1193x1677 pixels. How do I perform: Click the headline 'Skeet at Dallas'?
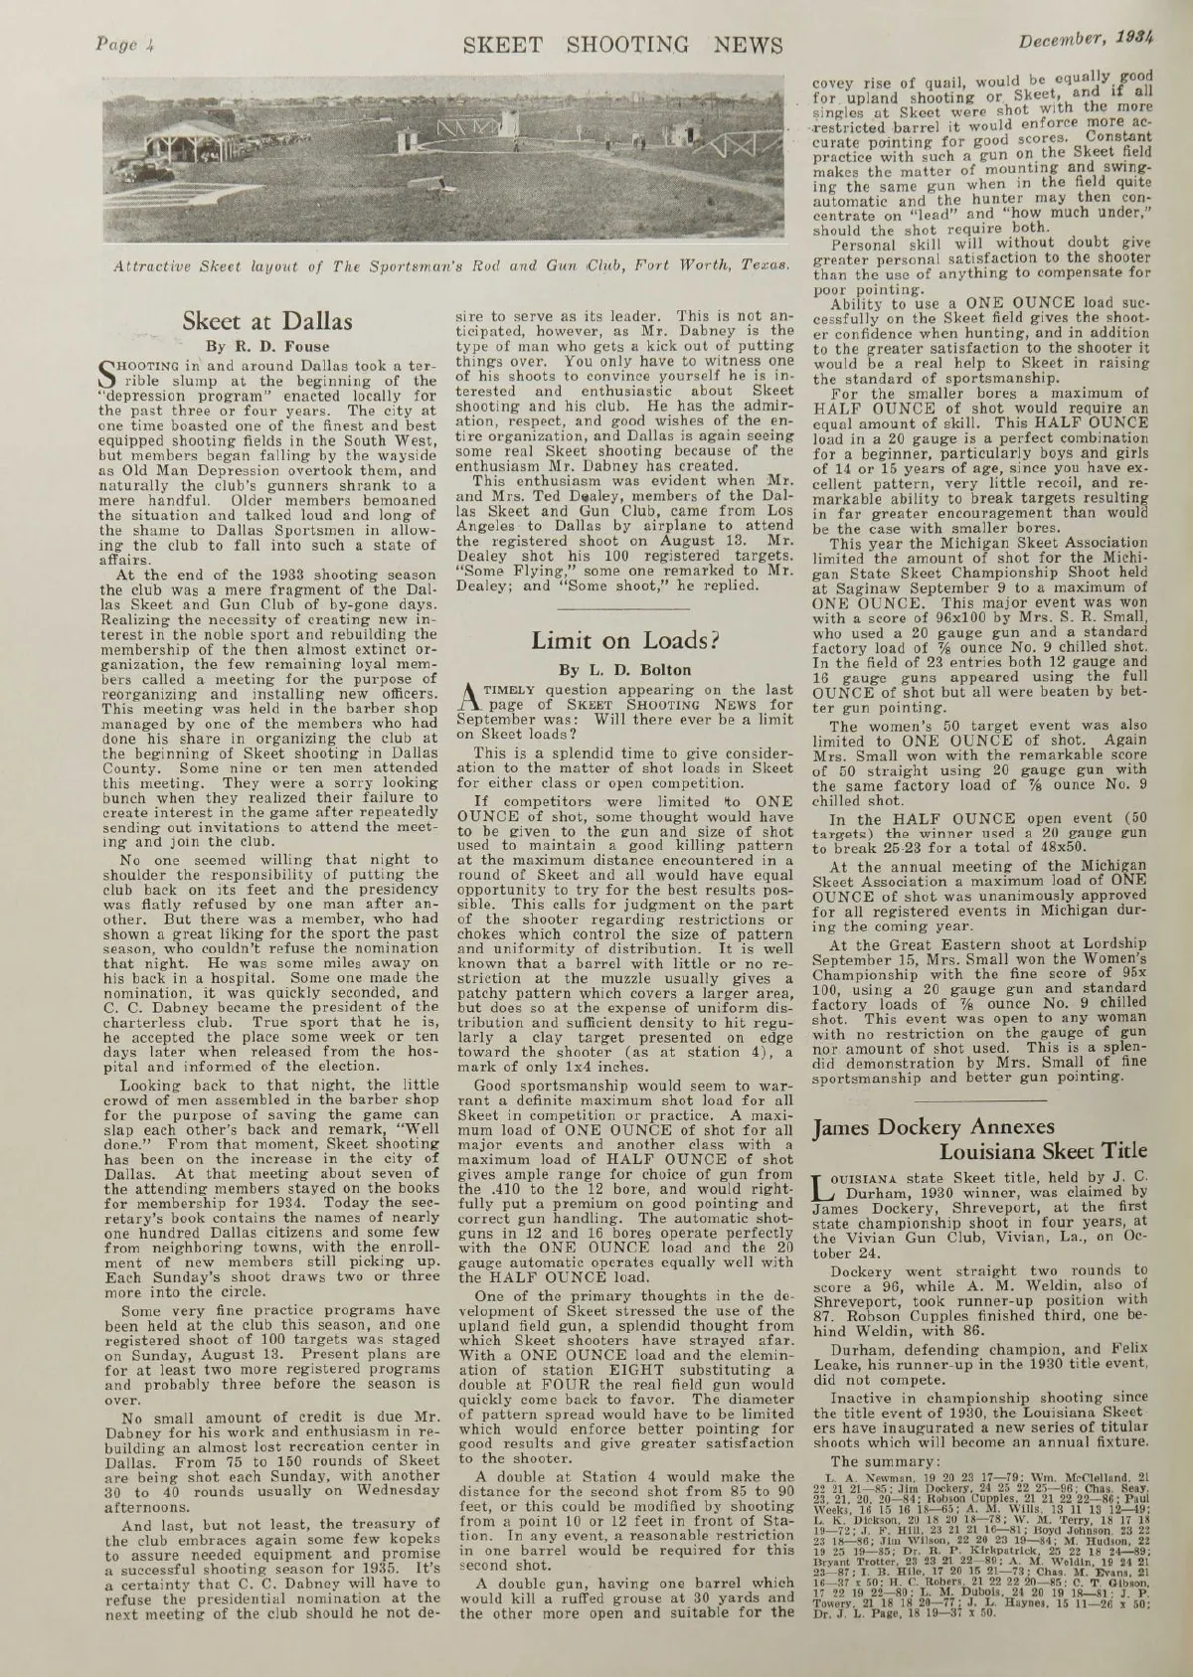point(267,321)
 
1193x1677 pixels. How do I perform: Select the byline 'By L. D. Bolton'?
point(625,669)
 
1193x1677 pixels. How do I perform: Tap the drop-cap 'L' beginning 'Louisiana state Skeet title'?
point(824,1189)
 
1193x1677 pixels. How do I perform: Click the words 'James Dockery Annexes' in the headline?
point(934,1127)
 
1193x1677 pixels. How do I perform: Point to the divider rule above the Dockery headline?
point(978,1094)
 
